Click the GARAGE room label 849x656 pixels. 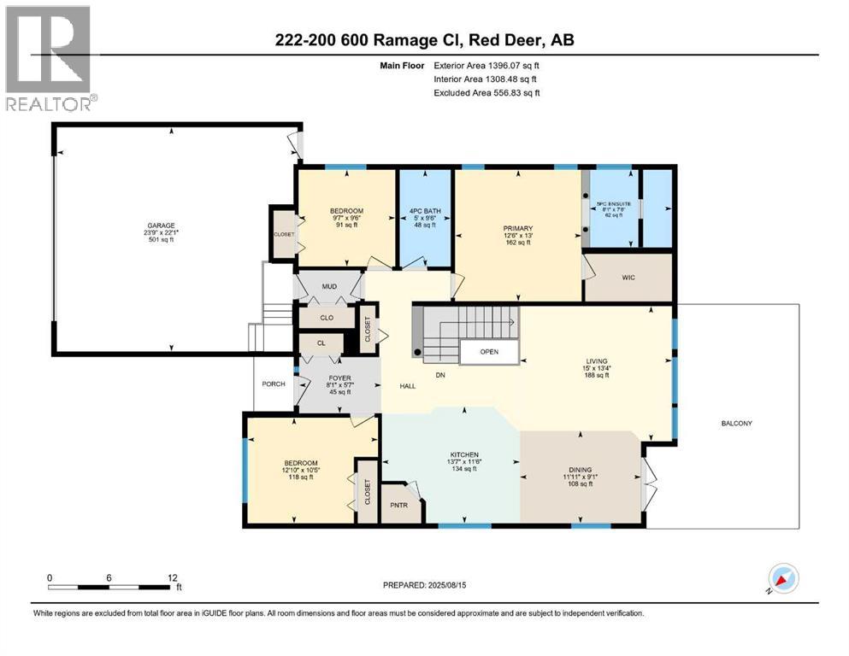(x=159, y=226)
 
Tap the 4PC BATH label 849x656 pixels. (x=424, y=211)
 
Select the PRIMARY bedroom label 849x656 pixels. (x=518, y=228)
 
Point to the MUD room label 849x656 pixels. (x=330, y=286)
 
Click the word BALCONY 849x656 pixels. (x=736, y=423)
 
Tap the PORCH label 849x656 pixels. (x=274, y=384)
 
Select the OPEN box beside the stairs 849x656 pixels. (x=488, y=352)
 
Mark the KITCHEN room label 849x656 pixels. (x=465, y=454)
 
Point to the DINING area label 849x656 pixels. (x=580, y=469)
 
